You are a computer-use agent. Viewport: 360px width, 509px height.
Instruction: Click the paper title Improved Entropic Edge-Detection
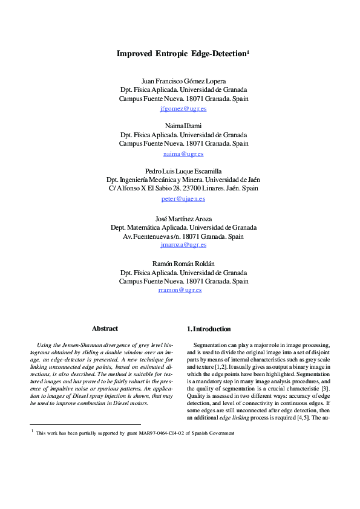pyautogui.click(x=182, y=53)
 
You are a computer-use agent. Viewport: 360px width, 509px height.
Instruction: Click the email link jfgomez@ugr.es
pyautogui.click(x=183, y=108)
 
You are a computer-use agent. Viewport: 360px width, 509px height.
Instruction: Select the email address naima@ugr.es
pyautogui.click(x=183, y=154)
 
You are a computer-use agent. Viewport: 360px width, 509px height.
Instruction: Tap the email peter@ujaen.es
pyautogui.click(x=183, y=198)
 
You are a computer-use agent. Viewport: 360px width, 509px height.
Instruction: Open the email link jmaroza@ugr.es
pyautogui.click(x=183, y=245)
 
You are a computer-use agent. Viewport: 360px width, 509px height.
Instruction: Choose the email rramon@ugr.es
pyautogui.click(x=180, y=290)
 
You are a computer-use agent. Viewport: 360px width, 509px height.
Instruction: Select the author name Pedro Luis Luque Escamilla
pyautogui.click(x=183, y=170)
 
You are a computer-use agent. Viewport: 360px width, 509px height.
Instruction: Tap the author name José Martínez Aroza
pyautogui.click(x=183, y=218)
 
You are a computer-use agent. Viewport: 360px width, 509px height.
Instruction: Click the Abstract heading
pyautogui.click(x=105, y=328)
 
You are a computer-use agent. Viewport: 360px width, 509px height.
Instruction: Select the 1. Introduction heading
pyautogui.click(x=209, y=329)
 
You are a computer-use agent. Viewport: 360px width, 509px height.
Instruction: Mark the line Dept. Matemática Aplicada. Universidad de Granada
pyautogui.click(x=183, y=227)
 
